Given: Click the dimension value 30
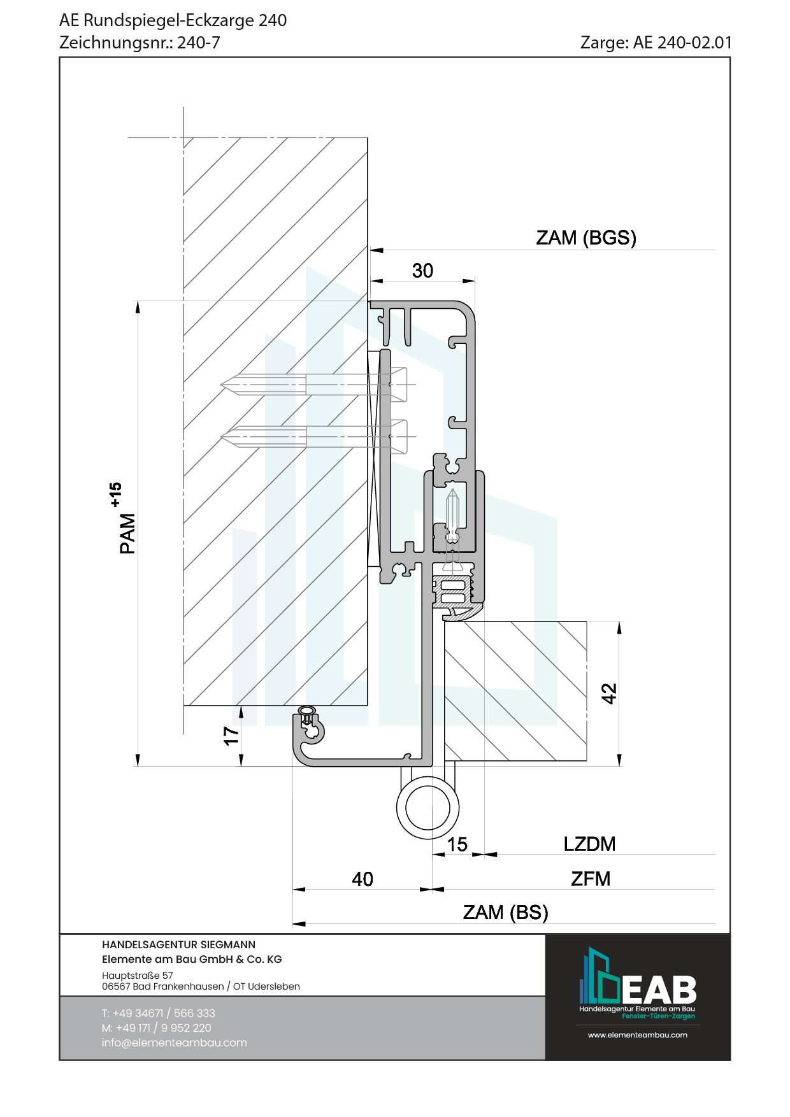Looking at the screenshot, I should coord(422,271).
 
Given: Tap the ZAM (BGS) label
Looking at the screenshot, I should coord(586,238).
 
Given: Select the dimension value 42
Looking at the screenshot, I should coord(609,693).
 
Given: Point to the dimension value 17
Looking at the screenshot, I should coord(231,736).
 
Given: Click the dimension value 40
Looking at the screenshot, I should coord(363,879).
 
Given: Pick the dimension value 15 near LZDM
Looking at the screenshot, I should coord(457,844).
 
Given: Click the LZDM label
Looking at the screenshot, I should coord(589,844).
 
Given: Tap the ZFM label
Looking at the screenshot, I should coord(591,879).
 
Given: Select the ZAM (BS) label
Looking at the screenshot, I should coord(505,912).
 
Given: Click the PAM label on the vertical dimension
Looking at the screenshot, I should coord(127,534).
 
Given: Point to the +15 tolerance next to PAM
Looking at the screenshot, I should coord(115,494).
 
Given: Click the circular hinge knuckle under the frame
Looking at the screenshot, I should coord(427,808).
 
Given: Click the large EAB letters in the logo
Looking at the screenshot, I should coord(659,990).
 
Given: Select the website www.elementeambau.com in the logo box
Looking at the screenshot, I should coord(637,1035).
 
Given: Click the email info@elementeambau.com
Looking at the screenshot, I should coord(174,1042).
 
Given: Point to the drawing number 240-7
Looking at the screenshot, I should coord(198,43).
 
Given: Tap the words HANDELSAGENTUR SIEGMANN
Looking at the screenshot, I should coord(178,944).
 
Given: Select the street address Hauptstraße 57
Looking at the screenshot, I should coord(138,975).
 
